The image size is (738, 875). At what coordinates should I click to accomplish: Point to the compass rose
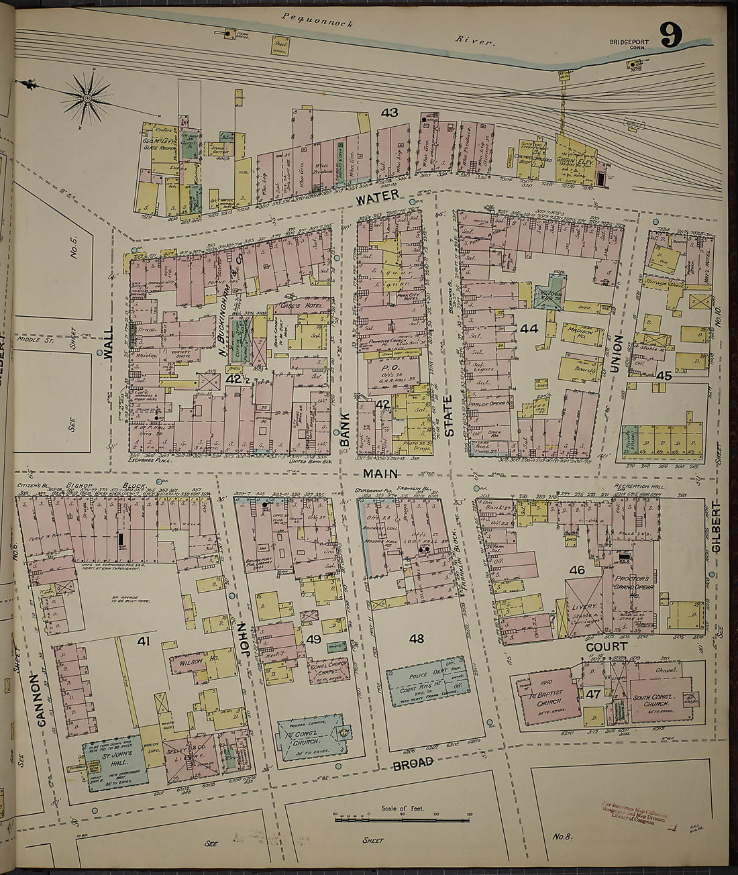coord(87,99)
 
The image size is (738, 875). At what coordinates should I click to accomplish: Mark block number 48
coord(416,638)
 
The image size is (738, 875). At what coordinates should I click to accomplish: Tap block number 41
coord(143,641)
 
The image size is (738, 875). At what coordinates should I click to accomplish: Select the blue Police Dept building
coord(427,680)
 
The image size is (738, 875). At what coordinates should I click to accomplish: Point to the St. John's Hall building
coord(111,761)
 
